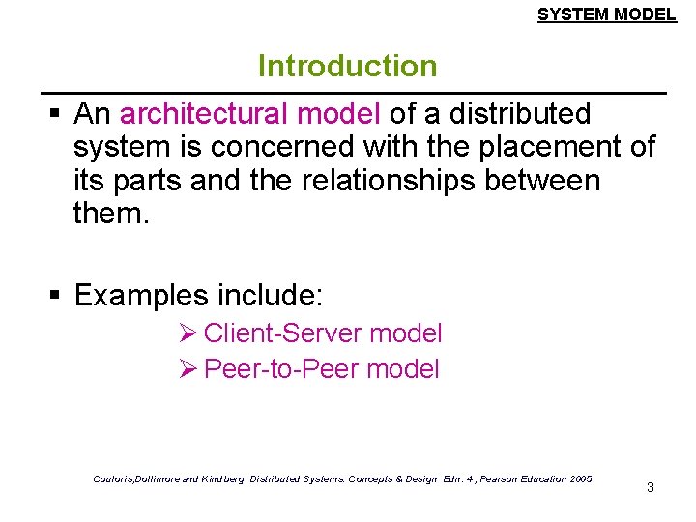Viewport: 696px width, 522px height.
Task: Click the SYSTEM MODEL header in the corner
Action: coord(606,14)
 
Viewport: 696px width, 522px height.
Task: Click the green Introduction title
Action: coord(347,67)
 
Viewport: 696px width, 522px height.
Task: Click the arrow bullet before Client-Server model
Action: coord(188,333)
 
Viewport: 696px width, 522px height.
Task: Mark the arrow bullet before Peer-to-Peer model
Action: coord(188,368)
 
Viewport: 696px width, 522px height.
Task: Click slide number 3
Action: coord(650,487)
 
